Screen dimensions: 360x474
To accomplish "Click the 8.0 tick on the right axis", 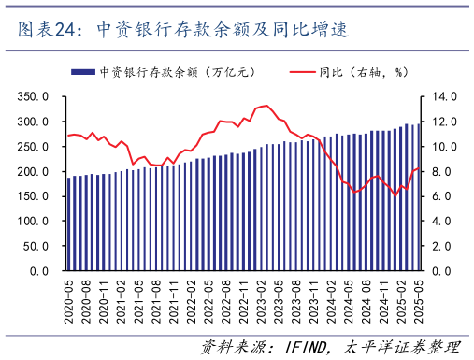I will (440, 172).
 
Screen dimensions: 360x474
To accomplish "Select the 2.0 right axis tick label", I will (440, 246).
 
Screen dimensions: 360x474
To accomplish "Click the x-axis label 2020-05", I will (69, 300).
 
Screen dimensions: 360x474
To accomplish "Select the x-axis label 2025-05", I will (417, 300).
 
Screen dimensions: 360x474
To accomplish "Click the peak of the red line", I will (266, 106).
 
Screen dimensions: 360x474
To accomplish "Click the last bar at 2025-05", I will (417, 197).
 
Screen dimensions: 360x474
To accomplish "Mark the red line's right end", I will (418, 168).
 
